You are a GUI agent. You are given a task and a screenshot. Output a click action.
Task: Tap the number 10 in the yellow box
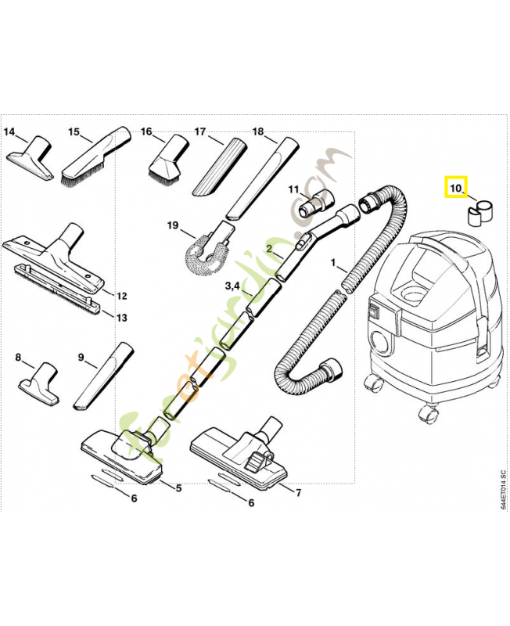tap(454, 188)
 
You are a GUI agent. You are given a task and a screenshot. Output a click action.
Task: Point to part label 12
tap(120, 296)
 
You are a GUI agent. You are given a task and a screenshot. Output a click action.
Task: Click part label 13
tap(120, 317)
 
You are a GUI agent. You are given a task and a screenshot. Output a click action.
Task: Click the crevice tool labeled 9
tap(102, 376)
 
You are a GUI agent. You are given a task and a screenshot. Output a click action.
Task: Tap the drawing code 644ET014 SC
tap(502, 490)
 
